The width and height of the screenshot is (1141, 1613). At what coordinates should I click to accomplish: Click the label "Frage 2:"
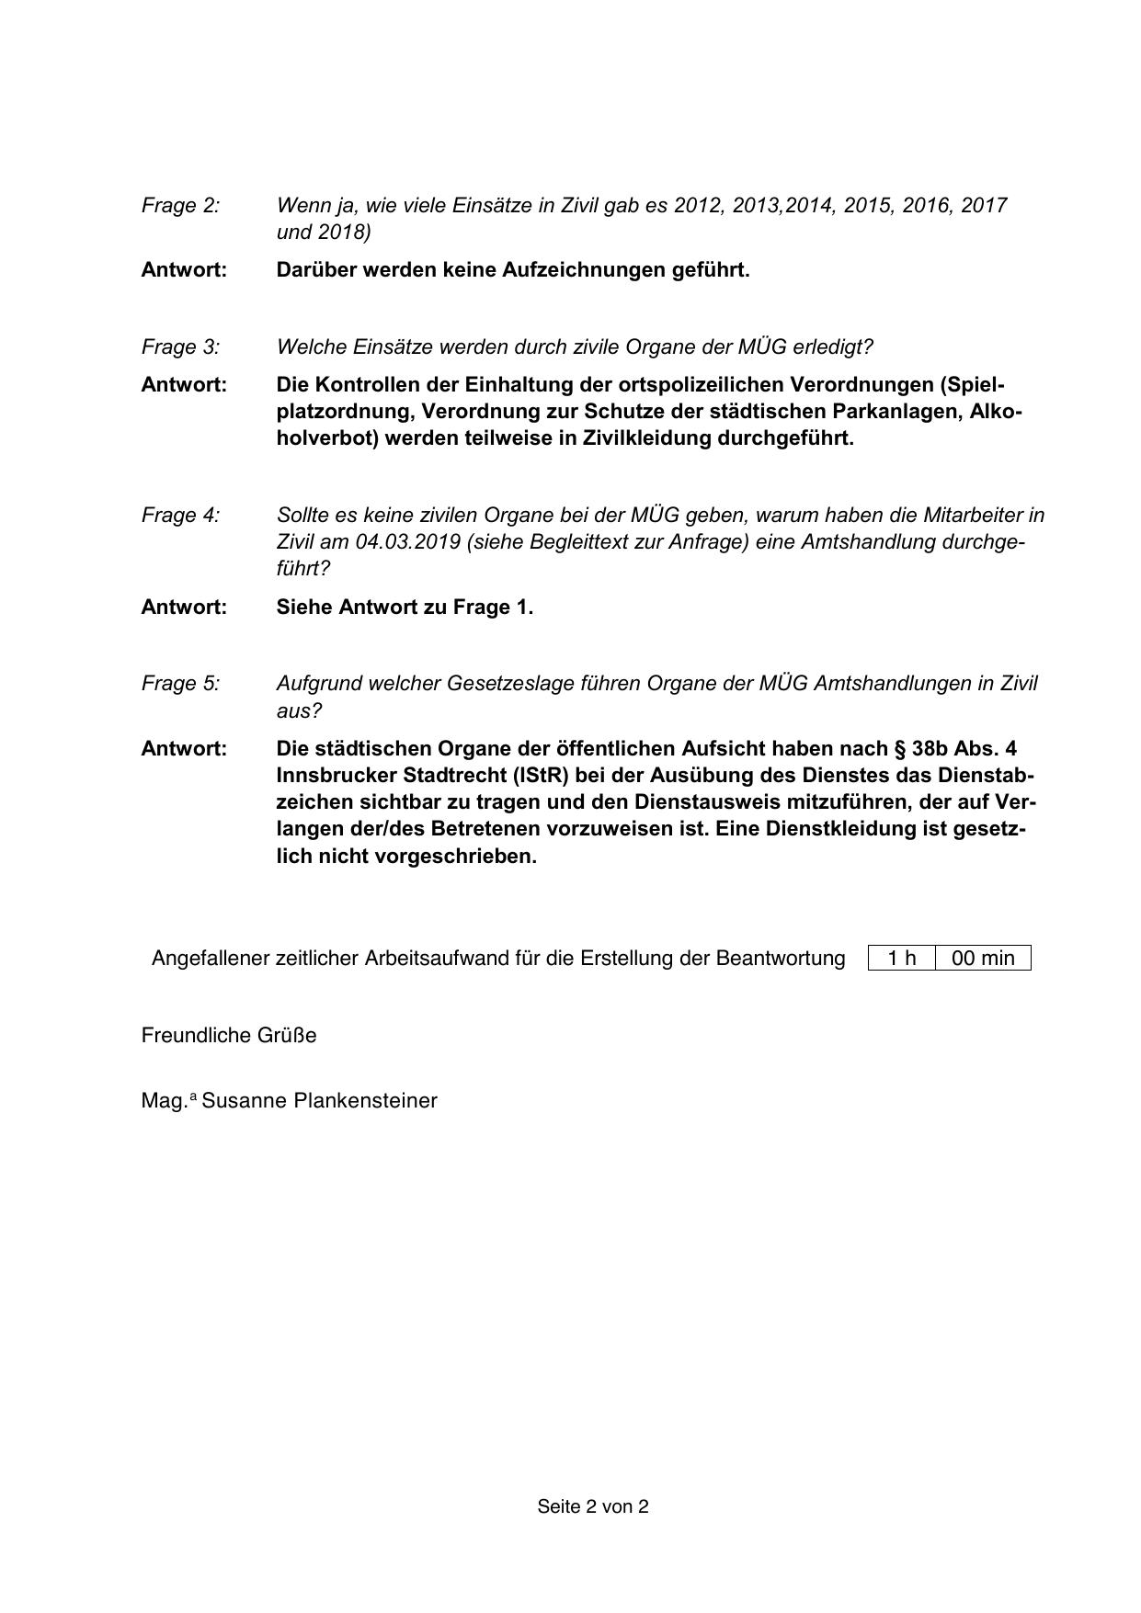coord(180,206)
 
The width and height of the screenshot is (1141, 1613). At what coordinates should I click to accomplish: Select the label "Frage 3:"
coord(180,347)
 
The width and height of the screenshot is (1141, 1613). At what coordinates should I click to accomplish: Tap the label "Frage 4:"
coord(180,516)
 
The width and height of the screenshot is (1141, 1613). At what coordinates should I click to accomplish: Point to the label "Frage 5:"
coord(180,684)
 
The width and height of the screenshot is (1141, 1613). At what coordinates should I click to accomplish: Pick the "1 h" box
coord(902,959)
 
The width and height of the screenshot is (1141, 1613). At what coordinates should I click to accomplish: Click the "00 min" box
coord(983,959)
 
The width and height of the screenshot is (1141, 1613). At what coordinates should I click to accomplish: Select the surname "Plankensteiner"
coord(365,1101)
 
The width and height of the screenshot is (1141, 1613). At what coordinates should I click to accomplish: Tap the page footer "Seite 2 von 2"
coord(593,1506)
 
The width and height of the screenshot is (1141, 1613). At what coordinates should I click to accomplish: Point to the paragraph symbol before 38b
coord(899,749)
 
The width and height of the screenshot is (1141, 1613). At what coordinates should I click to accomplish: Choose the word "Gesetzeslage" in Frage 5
coord(503,684)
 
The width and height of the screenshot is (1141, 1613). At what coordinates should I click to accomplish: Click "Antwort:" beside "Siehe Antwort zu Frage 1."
coord(184,608)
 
